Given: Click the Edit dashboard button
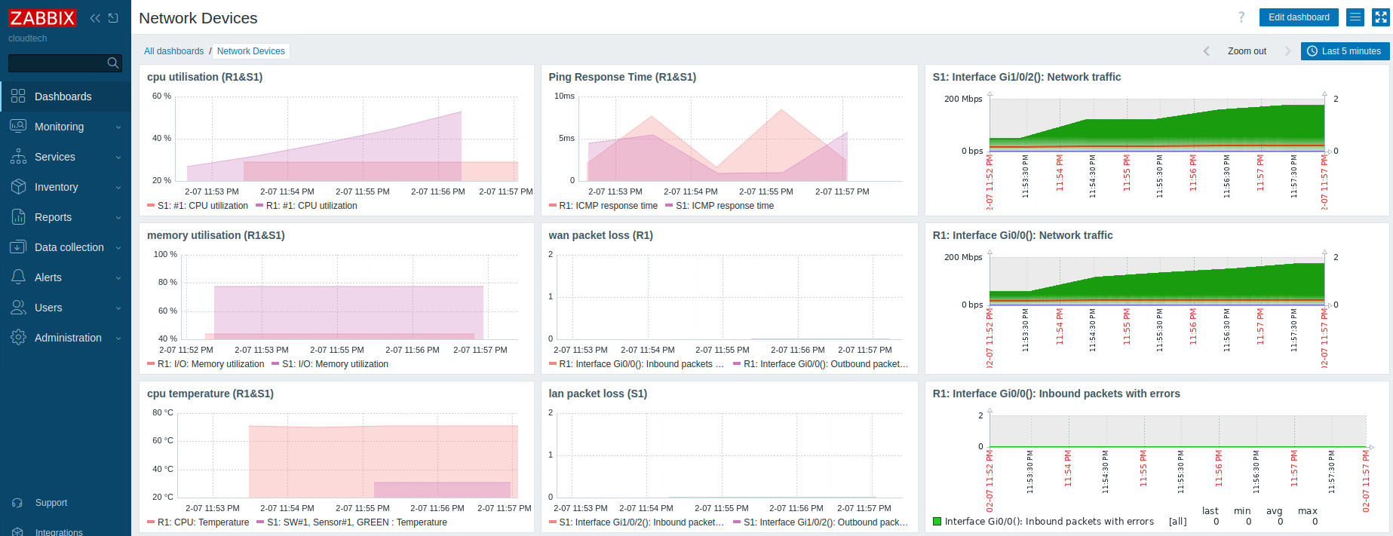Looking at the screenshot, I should click(1298, 17).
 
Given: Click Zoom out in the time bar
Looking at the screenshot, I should click(1246, 51).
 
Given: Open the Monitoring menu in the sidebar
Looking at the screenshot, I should click(59, 127).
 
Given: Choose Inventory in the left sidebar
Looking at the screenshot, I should click(56, 187).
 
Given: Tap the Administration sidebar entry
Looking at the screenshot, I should click(68, 338).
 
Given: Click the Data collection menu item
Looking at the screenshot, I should click(69, 247).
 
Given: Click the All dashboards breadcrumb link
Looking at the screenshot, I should click(173, 51).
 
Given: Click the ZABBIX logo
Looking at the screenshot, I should click(42, 18).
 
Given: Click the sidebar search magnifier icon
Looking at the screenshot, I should click(112, 63).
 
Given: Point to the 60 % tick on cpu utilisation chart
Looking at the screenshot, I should click(161, 96).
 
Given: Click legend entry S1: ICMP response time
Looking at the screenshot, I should click(724, 206).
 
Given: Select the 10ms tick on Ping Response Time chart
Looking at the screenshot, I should click(564, 96).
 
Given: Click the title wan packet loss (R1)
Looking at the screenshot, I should click(600, 235).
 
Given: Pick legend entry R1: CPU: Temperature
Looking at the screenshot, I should click(203, 522).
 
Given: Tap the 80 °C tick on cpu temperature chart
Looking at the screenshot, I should click(162, 413).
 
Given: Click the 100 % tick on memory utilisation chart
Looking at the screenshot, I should click(165, 255).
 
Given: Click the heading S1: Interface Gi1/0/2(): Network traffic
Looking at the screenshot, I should click(1026, 77).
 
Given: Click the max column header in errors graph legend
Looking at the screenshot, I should click(1307, 511).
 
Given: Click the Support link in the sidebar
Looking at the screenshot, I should click(51, 503).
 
